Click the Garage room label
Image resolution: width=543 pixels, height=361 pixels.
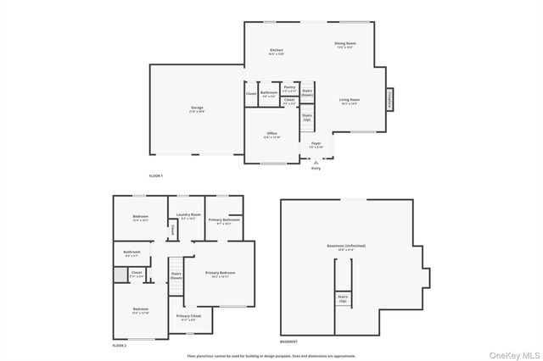tap(196, 109)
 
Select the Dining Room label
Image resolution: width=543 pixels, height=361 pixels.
tap(344, 45)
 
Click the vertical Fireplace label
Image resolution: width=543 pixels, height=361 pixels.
tap(391, 99)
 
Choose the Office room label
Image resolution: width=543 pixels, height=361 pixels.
tap(271, 135)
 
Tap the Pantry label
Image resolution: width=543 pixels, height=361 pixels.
tap(289, 87)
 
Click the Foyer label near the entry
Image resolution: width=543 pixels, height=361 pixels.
tap(316, 145)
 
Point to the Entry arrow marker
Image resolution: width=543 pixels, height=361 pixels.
tap(316, 163)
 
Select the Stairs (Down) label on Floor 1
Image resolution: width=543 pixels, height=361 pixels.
tap(307, 92)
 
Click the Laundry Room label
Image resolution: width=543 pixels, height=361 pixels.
tap(188, 216)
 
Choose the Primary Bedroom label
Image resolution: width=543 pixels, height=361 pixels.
tap(220, 274)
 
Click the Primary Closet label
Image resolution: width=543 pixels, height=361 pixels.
tap(188, 318)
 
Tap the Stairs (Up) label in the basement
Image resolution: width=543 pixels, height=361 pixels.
tap(343, 298)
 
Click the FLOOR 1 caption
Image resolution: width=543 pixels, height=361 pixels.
tap(155, 175)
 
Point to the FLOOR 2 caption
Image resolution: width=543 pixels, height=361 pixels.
tap(120, 346)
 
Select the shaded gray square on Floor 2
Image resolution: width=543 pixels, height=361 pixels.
tap(120, 274)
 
